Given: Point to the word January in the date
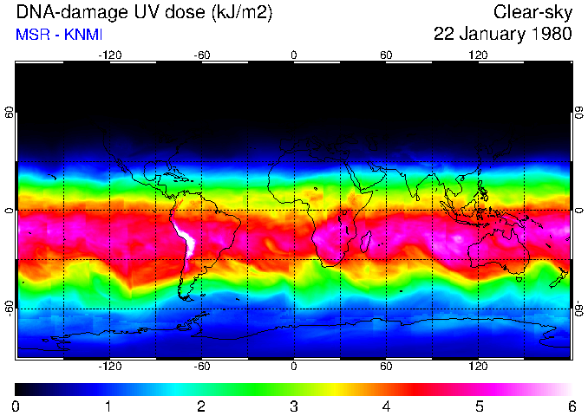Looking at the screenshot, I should point(490,35).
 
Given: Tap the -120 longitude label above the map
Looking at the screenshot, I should point(109,55).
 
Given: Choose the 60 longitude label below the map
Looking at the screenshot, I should point(386,367).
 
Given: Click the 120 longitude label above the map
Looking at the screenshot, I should point(478,55).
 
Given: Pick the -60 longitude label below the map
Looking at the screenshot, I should point(201,367).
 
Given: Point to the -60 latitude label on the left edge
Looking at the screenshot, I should point(10,308).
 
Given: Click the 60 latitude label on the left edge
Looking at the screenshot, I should point(10,113).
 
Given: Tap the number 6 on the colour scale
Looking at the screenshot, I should point(572,406).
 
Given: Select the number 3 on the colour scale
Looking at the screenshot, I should point(293,406).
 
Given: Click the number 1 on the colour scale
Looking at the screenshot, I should point(108,406).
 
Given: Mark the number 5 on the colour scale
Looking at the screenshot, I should point(479,406).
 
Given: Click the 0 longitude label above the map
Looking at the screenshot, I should point(294,55).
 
